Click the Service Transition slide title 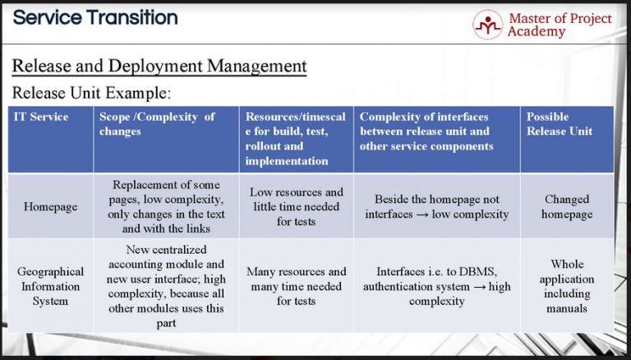tap(95, 16)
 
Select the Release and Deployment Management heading tap(159, 66)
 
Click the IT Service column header tap(41, 117)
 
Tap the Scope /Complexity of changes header tap(157, 123)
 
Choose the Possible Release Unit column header tap(560, 123)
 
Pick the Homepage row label tap(50, 206)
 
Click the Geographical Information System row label tap(50, 286)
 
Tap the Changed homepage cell tap(567, 206)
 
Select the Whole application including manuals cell tap(567, 286)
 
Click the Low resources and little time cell tap(296, 206)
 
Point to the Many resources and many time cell tap(296, 286)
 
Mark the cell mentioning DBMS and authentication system tap(436, 286)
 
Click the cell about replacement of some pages tap(166, 206)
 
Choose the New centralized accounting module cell tap(166, 286)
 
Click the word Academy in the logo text tap(537, 32)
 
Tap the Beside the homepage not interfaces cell tap(436, 206)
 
